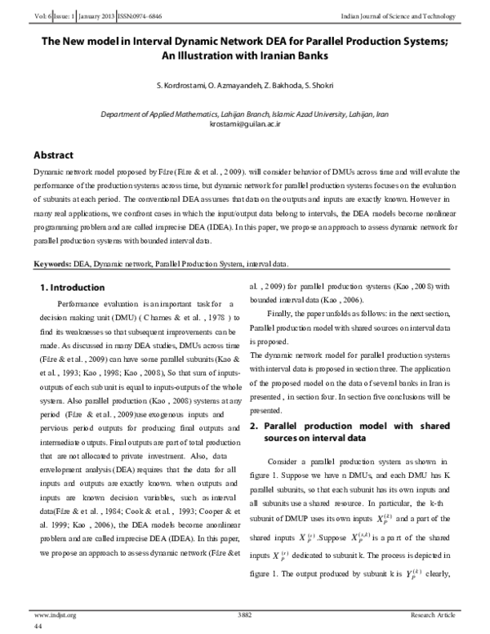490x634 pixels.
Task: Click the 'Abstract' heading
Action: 53,155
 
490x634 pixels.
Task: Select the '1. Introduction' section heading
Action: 73,288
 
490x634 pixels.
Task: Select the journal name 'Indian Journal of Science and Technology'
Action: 412,7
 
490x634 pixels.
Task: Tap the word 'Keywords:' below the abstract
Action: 51,266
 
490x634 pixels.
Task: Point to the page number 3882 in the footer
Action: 245,614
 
